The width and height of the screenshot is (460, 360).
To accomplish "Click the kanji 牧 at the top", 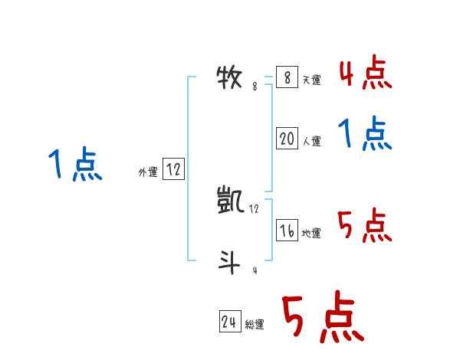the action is pyautogui.click(x=230, y=77).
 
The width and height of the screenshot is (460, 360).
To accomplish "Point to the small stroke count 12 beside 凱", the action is pyautogui.click(x=255, y=208).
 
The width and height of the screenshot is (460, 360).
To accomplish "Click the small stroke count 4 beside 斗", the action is pyautogui.click(x=255, y=270).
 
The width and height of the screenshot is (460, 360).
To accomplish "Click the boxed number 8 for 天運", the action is pyautogui.click(x=287, y=77).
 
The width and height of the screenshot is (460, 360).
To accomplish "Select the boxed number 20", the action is pyautogui.click(x=287, y=139).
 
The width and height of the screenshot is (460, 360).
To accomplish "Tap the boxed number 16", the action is pyautogui.click(x=287, y=231).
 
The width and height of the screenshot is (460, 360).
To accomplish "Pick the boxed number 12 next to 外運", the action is pyautogui.click(x=173, y=170).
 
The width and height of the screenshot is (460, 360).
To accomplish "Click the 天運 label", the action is pyautogui.click(x=311, y=80).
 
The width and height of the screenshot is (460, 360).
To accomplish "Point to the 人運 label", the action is pyautogui.click(x=311, y=142).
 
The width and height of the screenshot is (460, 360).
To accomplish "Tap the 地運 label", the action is pyautogui.click(x=311, y=234).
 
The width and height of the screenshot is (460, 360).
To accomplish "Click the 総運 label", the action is pyautogui.click(x=255, y=325).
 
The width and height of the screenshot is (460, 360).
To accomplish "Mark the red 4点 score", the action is pyautogui.click(x=365, y=74).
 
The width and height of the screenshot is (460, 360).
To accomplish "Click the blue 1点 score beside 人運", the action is pyautogui.click(x=365, y=135).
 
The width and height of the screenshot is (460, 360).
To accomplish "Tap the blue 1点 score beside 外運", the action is pyautogui.click(x=75, y=165).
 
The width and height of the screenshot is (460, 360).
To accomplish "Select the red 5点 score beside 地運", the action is pyautogui.click(x=365, y=225).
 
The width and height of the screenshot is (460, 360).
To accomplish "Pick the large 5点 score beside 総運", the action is pyautogui.click(x=323, y=319).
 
